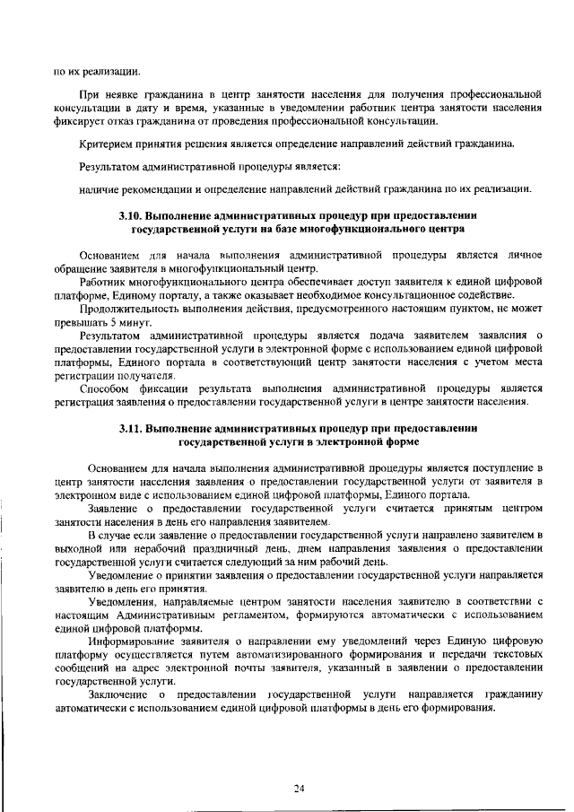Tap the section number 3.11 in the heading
(x=131, y=429)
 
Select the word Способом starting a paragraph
(x=106, y=389)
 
